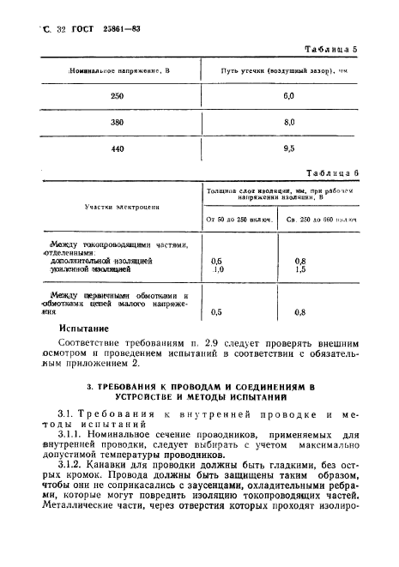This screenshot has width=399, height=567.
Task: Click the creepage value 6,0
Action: [288, 96]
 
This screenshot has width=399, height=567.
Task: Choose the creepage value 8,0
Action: [288, 122]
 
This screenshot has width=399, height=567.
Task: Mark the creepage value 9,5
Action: [288, 148]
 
